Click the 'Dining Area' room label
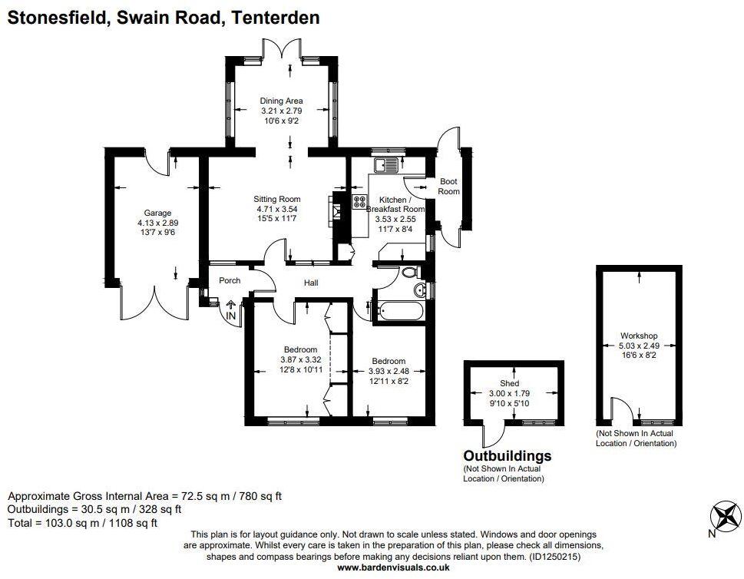[x=281, y=101]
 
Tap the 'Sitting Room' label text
[x=278, y=198]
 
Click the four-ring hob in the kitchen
[x=359, y=202]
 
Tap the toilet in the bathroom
[x=409, y=272]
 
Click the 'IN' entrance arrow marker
[x=231, y=310]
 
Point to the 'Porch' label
[x=230, y=280]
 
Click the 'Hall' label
[x=311, y=283]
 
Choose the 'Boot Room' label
[x=448, y=187]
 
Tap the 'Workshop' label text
[x=639, y=336]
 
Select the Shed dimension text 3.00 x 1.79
[x=510, y=393]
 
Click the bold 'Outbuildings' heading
[x=507, y=455]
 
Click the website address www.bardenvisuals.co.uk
[x=393, y=567]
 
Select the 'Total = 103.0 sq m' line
[x=82, y=523]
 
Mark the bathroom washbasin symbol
[x=419, y=289]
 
